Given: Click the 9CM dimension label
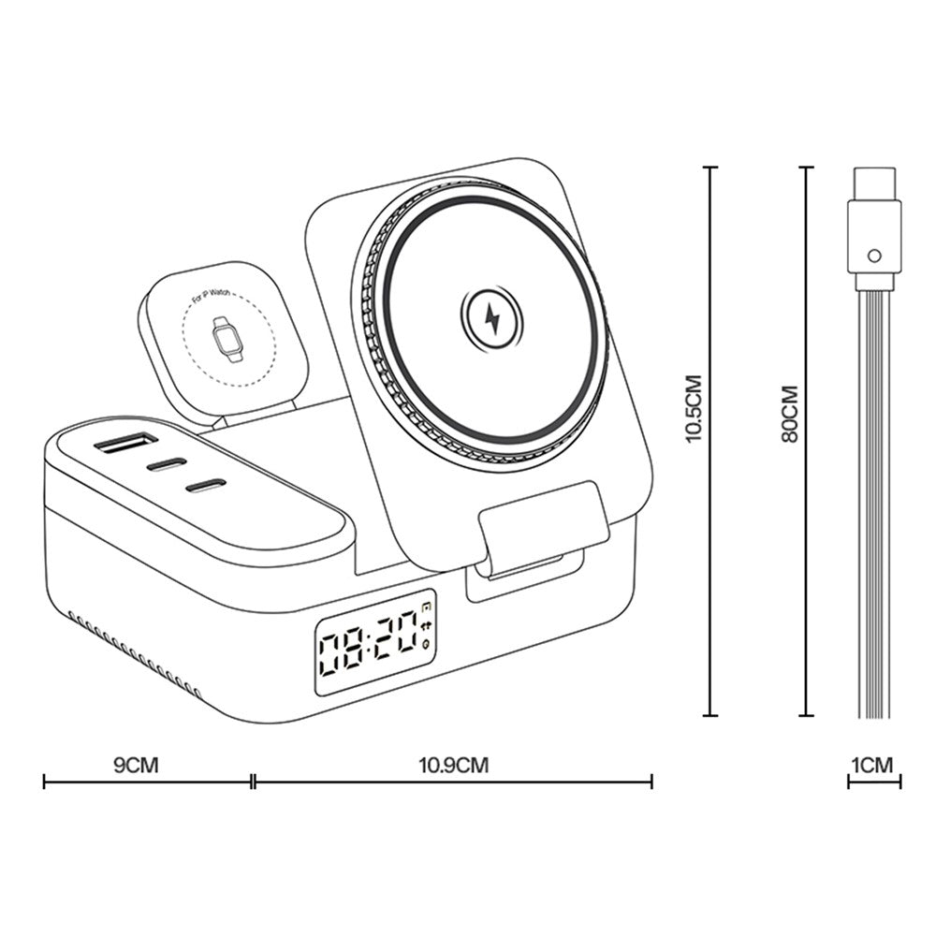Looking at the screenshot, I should tap(136, 765).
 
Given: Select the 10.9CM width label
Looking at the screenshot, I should tap(454, 765).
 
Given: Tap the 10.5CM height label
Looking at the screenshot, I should tap(694, 407).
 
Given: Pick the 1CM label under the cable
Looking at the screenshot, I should tap(872, 765).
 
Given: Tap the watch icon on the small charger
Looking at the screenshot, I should tap(226, 341).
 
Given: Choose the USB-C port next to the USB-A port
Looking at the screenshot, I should tap(168, 463).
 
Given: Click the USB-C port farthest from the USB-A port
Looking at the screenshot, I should tap(206, 485).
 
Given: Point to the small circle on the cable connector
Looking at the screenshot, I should tap(873, 255).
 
